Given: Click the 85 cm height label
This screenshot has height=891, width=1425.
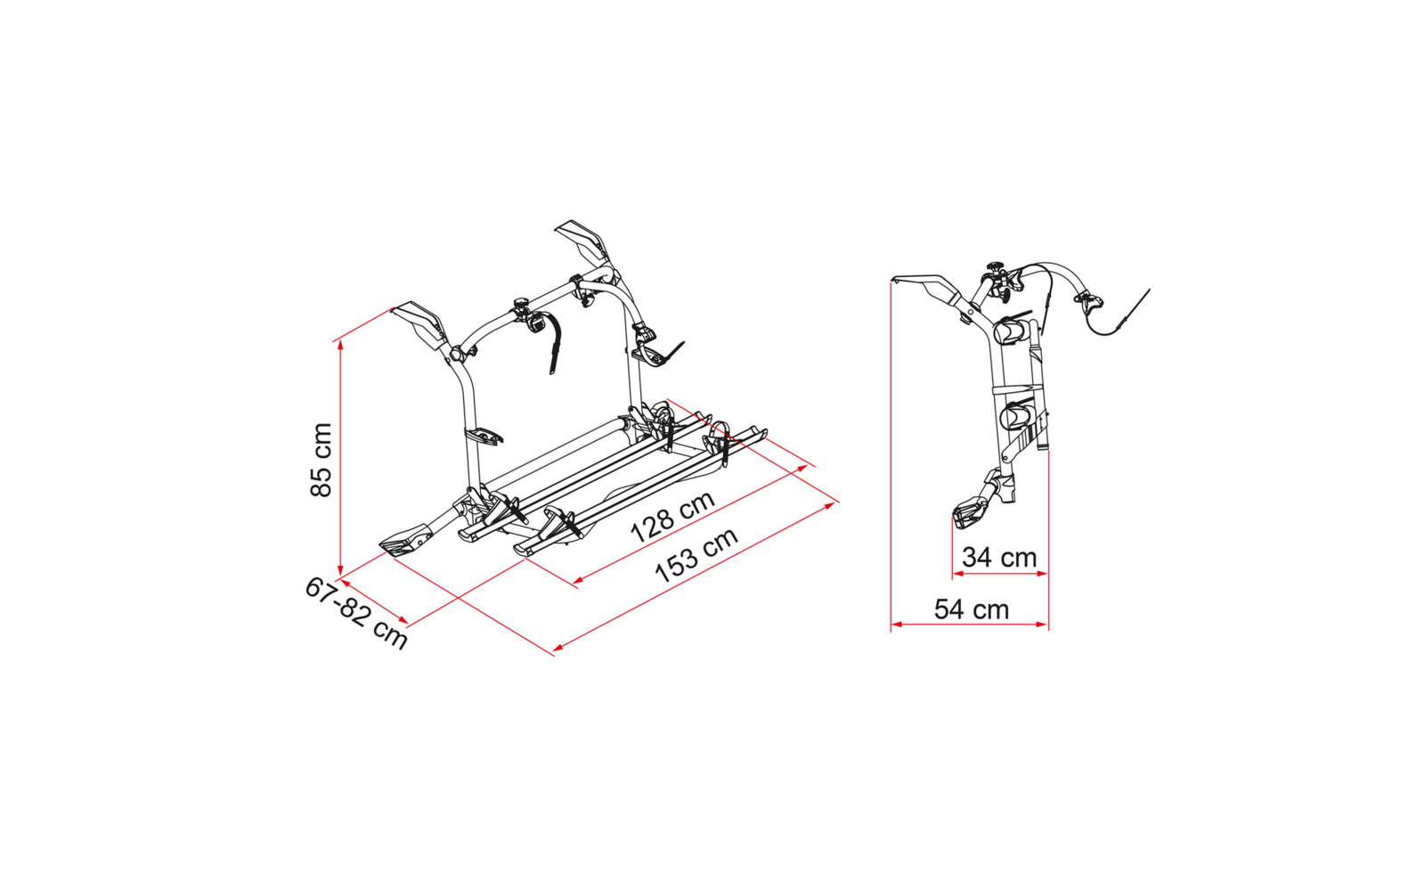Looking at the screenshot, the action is pyautogui.click(x=322, y=460).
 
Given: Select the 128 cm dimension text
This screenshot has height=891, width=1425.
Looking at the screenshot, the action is pyautogui.click(x=672, y=516).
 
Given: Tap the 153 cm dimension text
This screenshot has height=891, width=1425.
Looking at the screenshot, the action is pyautogui.click(x=696, y=554).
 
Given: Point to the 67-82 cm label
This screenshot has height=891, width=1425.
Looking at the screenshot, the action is pyautogui.click(x=356, y=613).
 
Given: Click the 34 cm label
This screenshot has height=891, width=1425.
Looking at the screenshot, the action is pyautogui.click(x=999, y=558).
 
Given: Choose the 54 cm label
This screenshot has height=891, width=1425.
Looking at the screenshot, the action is pyautogui.click(x=972, y=609).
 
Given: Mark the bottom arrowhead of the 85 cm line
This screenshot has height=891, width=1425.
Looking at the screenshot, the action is pyautogui.click(x=340, y=570).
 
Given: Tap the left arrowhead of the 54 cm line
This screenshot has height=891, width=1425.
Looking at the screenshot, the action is pyautogui.click(x=896, y=625).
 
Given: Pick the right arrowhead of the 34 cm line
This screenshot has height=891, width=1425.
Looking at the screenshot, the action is pyautogui.click(x=1042, y=574).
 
